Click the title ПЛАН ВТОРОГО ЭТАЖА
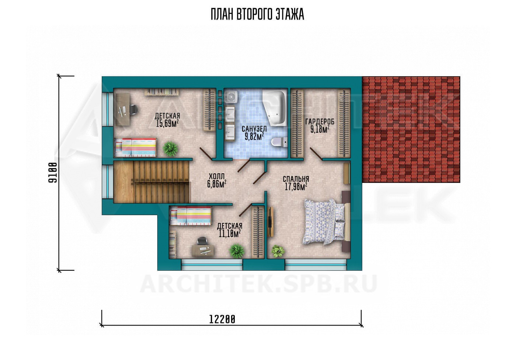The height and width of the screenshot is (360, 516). point(257,14)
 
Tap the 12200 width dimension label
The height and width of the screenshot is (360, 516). point(222,320)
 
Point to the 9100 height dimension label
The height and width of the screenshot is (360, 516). point(53,173)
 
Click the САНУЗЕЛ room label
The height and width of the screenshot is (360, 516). point(254,129)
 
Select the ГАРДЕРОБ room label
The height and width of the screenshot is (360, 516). point(320,122)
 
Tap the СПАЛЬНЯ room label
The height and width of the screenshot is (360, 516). point(296,179)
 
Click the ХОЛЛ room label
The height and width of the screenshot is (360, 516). point(217,177)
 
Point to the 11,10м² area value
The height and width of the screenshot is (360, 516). point(230,233)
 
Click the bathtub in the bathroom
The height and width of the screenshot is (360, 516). point(275,107)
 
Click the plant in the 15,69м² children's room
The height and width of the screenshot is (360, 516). point(170,149)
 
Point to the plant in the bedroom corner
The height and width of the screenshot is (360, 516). point(278,251)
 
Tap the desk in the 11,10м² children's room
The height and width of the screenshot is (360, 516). point(203,250)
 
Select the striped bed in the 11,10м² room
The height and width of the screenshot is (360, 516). point(190,215)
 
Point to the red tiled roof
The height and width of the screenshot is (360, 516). point(411,129)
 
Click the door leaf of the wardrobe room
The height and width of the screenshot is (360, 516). point(316,153)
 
